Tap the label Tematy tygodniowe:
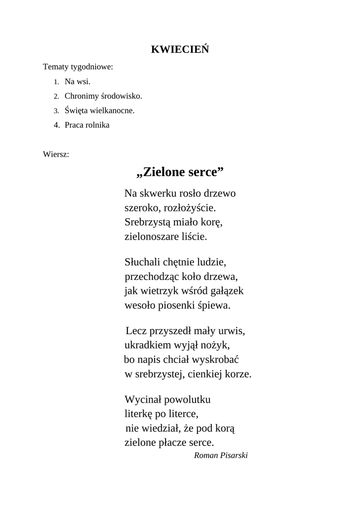[x=78, y=67]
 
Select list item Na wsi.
[x=78, y=82]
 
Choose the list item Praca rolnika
[x=87, y=125]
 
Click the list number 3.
[x=57, y=111]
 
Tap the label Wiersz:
[x=56, y=154]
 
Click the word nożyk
[x=216, y=345]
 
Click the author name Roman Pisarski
[x=220, y=455]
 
